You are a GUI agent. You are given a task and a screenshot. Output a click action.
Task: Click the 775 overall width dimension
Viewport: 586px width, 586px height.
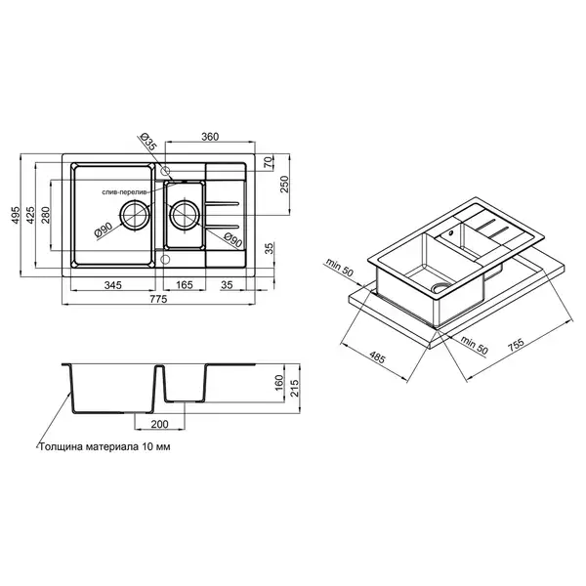[x=158, y=299]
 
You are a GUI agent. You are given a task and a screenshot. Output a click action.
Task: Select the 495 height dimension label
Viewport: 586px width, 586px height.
[x=16, y=215]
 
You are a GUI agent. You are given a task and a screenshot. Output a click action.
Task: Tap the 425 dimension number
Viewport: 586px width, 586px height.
[x=30, y=215]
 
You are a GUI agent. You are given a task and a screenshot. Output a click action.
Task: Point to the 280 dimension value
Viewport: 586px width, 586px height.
[x=45, y=215]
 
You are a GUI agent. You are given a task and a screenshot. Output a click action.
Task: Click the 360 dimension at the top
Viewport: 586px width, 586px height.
[x=210, y=137]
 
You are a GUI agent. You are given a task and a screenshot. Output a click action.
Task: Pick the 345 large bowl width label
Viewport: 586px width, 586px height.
[x=113, y=285]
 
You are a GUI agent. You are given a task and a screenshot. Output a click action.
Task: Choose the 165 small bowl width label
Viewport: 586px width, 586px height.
[x=185, y=285]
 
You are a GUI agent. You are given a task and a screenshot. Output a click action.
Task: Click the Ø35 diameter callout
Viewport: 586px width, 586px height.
[x=148, y=142]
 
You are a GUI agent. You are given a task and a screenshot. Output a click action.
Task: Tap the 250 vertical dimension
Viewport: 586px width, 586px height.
[x=285, y=184]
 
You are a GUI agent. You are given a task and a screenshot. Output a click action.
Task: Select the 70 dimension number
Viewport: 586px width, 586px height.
[x=269, y=163]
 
